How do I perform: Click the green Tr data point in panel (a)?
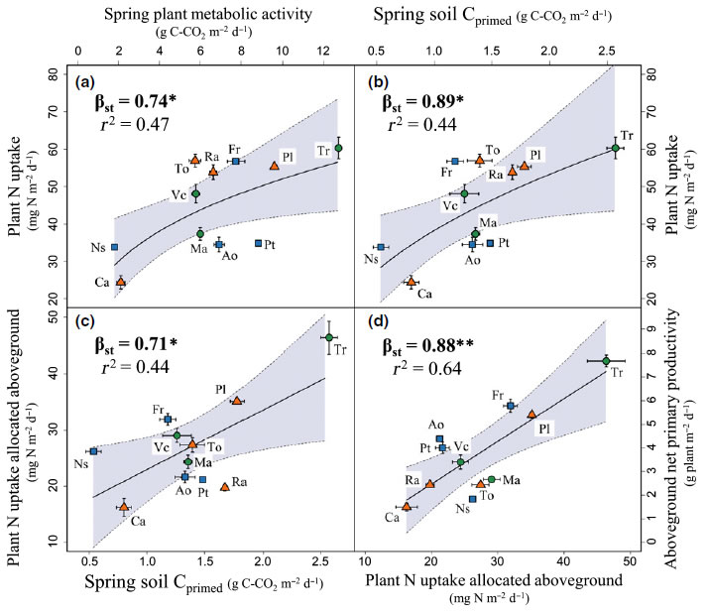338,148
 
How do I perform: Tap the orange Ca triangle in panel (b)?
411,282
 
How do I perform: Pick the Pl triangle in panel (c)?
236,401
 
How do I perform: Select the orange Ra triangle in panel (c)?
225,487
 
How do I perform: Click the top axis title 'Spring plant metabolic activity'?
185,13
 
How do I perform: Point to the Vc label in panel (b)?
450,205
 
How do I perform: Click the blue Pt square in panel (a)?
259,243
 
